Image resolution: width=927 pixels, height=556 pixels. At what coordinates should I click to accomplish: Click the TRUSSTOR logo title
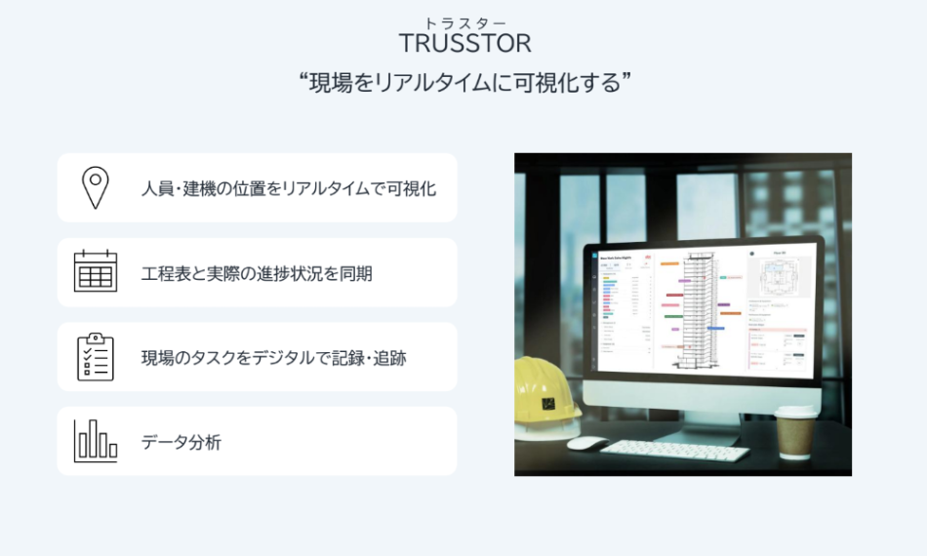pyautogui.click(x=464, y=44)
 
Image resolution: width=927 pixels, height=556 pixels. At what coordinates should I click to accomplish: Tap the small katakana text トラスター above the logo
pyautogui.click(x=464, y=22)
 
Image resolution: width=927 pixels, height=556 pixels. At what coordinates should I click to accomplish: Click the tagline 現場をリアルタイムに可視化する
pyautogui.click(x=463, y=83)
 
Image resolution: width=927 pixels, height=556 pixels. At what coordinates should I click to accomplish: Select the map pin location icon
pyautogui.click(x=95, y=187)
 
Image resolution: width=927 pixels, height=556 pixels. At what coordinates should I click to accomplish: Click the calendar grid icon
pyautogui.click(x=95, y=271)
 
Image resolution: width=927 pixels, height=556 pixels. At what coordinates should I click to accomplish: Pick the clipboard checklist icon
pyautogui.click(x=95, y=356)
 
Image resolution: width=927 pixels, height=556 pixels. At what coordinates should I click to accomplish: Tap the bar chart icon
pyautogui.click(x=95, y=441)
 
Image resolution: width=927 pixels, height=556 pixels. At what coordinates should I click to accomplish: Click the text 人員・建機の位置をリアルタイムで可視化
pyautogui.click(x=288, y=188)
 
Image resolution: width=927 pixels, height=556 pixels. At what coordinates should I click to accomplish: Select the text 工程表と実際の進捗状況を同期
pyautogui.click(x=256, y=273)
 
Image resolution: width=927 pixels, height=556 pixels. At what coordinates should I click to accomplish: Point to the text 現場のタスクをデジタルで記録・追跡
pyautogui.click(x=273, y=358)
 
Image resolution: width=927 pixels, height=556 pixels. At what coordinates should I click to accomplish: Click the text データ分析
pyautogui.click(x=181, y=442)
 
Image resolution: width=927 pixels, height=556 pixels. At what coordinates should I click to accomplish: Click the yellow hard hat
pyautogui.click(x=545, y=395)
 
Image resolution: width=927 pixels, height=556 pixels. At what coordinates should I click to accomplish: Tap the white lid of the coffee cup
pyautogui.click(x=797, y=413)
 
